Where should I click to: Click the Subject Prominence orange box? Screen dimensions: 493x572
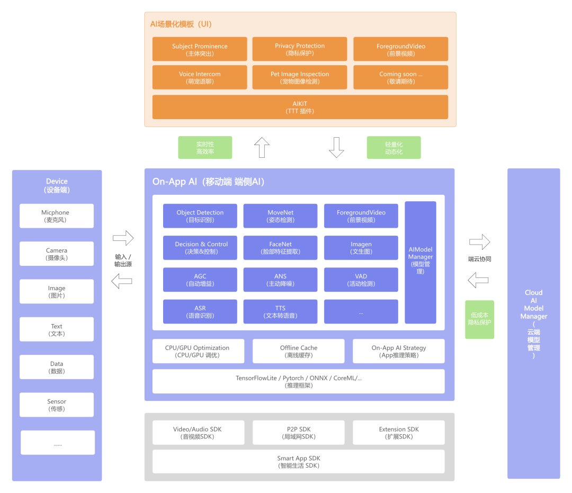click(x=200, y=49)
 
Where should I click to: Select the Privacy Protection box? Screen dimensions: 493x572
click(x=300, y=49)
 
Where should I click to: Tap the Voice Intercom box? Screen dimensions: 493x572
click(x=200, y=77)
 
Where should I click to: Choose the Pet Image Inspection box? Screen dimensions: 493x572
click(x=300, y=77)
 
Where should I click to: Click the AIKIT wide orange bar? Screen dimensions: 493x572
click(x=300, y=107)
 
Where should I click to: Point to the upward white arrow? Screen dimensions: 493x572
click(x=262, y=148)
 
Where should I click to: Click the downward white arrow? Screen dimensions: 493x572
click(x=337, y=148)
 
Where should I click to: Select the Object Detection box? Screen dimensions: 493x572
click(x=200, y=216)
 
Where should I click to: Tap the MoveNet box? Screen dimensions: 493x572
click(x=280, y=216)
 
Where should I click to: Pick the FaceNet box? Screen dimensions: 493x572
click(x=280, y=248)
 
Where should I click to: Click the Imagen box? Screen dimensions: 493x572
click(x=361, y=248)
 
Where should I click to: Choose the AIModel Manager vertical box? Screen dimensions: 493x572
click(x=421, y=262)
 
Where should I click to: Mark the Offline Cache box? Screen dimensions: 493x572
click(x=299, y=351)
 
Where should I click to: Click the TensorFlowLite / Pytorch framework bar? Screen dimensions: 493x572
click(x=299, y=381)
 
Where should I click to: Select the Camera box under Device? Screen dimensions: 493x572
click(x=57, y=254)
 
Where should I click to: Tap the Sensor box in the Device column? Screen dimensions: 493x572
click(x=57, y=405)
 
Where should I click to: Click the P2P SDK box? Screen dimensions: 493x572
click(x=299, y=433)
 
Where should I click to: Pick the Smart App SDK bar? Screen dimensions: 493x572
click(x=299, y=462)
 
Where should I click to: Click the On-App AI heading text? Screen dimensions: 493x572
click(x=209, y=182)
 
